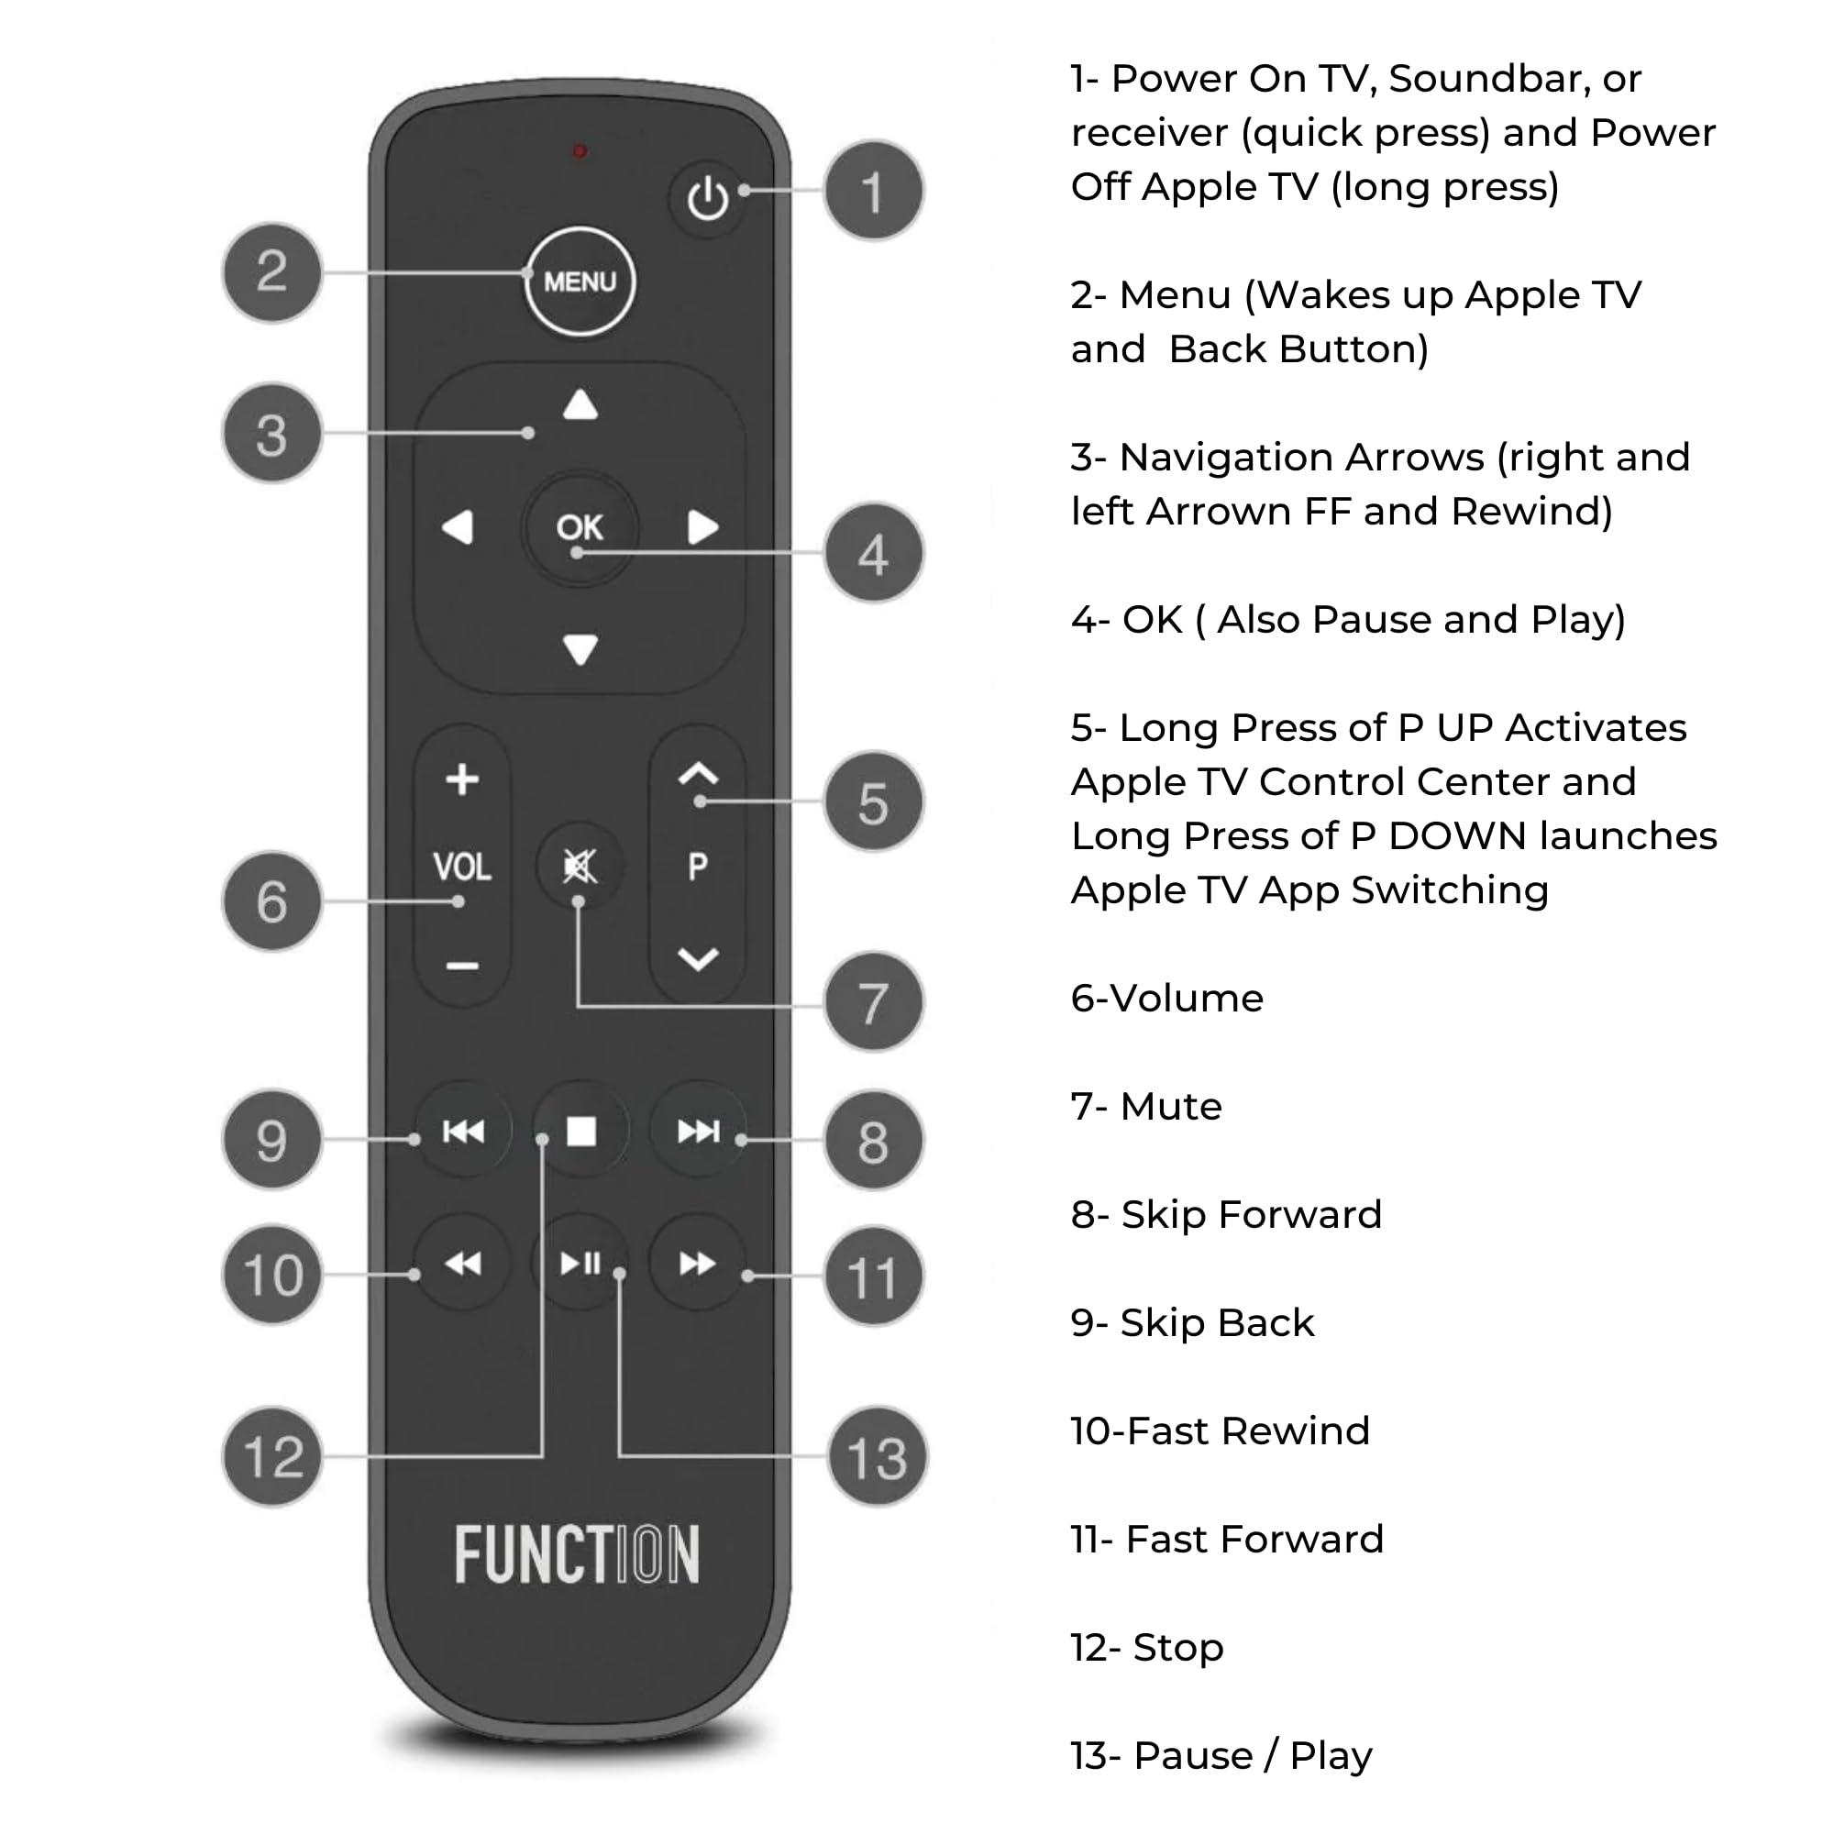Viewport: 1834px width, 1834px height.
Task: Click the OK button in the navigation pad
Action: (579, 527)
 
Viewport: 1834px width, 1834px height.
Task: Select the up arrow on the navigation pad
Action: (580, 405)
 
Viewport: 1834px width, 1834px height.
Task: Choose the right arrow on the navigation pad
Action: (702, 527)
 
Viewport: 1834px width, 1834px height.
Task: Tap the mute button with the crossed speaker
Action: (579, 866)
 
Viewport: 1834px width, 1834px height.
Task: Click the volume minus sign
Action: (462, 967)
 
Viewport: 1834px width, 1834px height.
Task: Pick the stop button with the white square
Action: (581, 1132)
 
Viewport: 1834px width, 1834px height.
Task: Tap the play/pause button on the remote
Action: (581, 1264)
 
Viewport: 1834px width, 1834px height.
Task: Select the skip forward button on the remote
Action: (699, 1132)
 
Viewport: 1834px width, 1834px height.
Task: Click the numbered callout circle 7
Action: (872, 1002)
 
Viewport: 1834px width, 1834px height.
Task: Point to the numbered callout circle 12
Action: (273, 1456)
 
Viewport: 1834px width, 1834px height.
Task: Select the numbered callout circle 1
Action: (872, 191)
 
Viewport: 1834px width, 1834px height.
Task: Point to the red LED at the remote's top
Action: (579, 151)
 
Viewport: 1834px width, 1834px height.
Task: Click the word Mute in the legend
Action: (1170, 1107)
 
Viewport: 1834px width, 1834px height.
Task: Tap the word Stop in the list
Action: (1178, 1648)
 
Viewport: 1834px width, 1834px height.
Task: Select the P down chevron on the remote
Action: (698, 960)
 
